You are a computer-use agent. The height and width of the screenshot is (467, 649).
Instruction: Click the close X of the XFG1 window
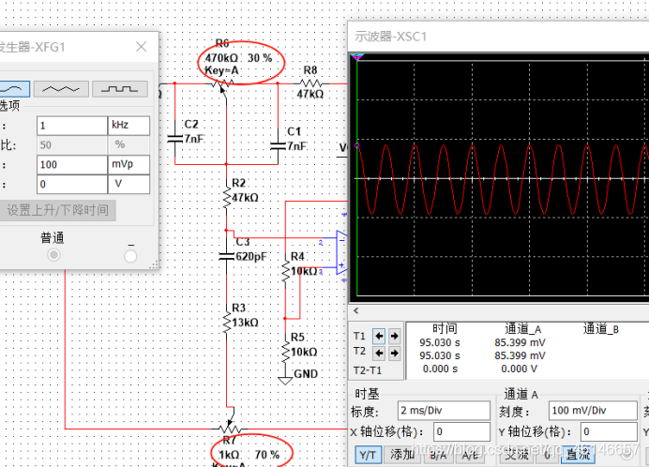click(141, 47)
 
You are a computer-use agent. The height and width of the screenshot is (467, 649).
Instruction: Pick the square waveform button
click(119, 88)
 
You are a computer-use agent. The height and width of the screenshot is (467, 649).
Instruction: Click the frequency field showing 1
click(70, 125)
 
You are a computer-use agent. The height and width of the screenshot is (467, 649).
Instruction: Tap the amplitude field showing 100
click(70, 164)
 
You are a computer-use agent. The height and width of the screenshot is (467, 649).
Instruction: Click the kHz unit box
click(128, 125)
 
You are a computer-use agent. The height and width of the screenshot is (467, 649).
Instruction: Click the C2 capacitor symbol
click(174, 138)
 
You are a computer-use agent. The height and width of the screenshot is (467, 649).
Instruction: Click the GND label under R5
click(305, 373)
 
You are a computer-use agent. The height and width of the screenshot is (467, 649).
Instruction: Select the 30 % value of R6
click(260, 58)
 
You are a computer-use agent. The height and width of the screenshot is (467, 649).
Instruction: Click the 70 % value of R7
click(266, 455)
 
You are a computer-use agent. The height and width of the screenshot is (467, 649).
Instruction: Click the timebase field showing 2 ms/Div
click(444, 411)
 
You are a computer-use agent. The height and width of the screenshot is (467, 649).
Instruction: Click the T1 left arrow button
click(379, 335)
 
